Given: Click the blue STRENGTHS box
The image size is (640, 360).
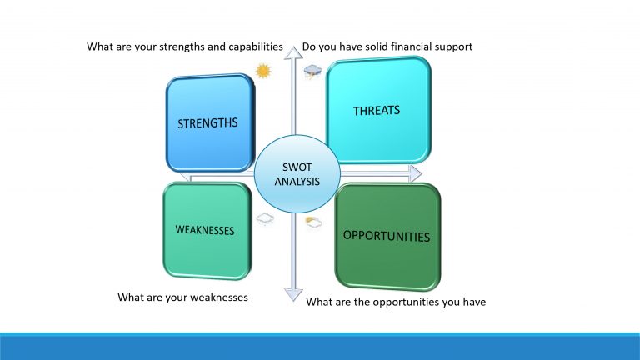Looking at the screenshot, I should click(209, 123).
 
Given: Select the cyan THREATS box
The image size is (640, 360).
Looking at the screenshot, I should click(377, 110).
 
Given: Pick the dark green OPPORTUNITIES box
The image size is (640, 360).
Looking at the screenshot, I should click(387, 236).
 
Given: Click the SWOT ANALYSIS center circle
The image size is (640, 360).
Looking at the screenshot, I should click(297, 172).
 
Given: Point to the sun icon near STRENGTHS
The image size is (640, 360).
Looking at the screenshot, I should click(264, 71).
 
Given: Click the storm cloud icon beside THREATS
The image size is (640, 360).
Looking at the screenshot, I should click(312, 73).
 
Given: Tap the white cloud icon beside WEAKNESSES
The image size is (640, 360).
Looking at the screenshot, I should click(265, 219).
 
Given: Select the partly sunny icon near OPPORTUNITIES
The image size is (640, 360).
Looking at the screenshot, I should click(313, 222).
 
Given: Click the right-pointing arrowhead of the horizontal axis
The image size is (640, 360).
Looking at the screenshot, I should click(414, 172).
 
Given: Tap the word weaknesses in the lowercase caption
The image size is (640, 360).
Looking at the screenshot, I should click(217, 297).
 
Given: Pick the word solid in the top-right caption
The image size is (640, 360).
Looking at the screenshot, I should click(368, 47).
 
